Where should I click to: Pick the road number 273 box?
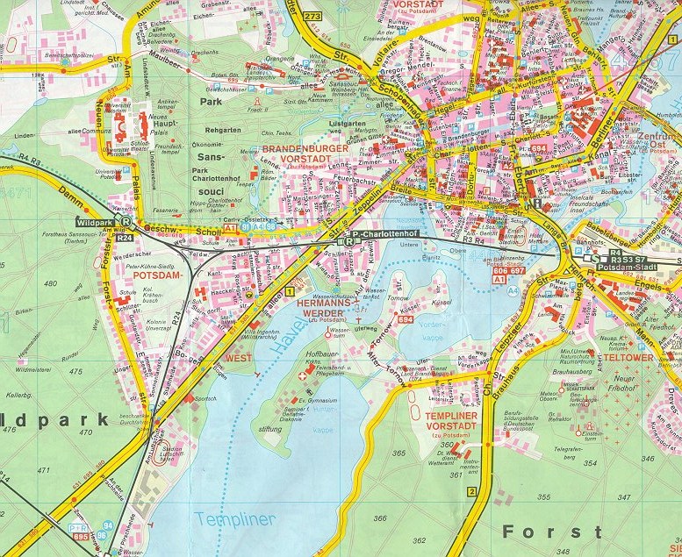[x=312, y=16]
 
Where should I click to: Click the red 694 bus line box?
[x=405, y=320]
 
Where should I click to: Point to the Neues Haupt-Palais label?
[x=165, y=123]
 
